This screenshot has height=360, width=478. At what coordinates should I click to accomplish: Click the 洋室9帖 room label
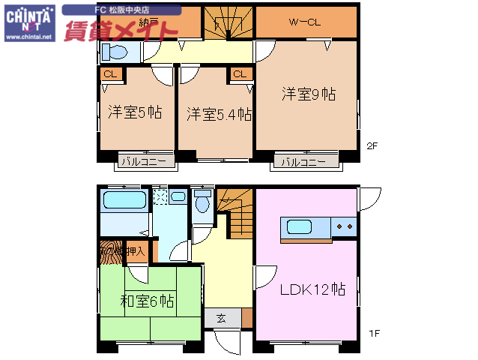point(308,94)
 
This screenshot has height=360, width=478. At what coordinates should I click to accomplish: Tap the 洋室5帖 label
point(135,112)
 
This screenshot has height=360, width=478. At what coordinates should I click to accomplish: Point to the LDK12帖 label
point(312,289)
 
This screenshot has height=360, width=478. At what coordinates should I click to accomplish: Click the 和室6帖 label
point(148,301)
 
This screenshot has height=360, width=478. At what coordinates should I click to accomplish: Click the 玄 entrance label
point(222,317)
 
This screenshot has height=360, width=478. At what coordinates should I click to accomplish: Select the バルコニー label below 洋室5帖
point(147,161)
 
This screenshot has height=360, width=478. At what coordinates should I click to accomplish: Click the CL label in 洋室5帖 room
point(110,73)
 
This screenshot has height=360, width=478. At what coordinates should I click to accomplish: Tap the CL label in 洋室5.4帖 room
point(239,73)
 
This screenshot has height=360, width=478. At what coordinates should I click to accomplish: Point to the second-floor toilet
point(117,51)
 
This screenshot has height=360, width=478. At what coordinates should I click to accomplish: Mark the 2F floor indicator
point(372,146)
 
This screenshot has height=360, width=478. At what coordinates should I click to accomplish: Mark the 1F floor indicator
point(372,333)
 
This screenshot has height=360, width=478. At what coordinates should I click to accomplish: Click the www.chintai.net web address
point(28,35)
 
